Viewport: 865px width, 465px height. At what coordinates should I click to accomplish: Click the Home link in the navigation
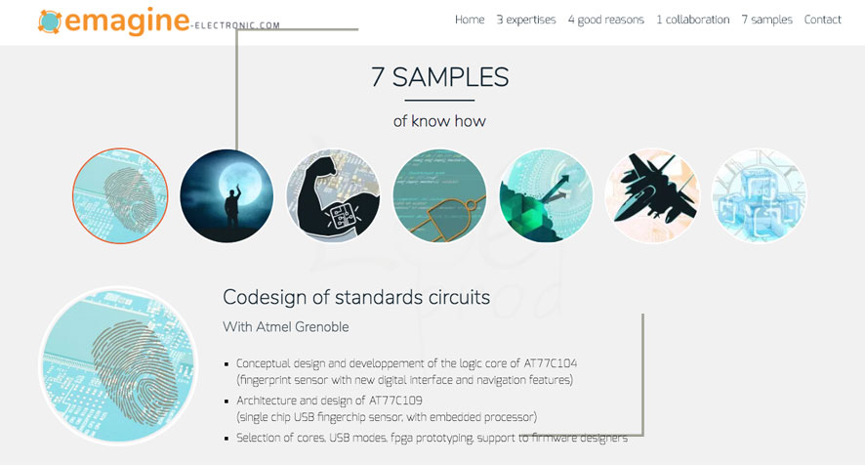coord(470,20)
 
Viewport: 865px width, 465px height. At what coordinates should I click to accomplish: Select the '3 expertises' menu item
coord(526,20)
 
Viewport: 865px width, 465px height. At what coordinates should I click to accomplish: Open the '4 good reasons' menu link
coord(605,20)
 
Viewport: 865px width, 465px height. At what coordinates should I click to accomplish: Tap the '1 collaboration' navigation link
coord(692,20)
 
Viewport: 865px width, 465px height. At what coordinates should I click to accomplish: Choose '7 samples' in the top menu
coord(766,20)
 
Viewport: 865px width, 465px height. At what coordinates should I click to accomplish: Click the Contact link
coord(822,20)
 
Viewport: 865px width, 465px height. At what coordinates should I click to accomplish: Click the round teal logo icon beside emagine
coord(50,21)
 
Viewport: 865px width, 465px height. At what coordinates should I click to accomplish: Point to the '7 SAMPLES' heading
coord(439,77)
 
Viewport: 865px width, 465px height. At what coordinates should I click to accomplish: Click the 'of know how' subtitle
coord(439,121)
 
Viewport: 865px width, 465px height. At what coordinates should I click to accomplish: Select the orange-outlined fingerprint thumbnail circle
coord(120,195)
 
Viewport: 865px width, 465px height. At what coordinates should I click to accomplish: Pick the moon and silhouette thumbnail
coord(227,195)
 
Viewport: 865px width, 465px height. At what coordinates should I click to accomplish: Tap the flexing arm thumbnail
coord(333,195)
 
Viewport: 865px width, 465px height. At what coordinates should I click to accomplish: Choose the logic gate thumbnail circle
coord(439,195)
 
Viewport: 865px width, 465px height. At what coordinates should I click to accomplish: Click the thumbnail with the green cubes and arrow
coord(546,195)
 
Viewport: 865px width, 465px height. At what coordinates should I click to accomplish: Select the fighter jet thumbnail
coord(652,195)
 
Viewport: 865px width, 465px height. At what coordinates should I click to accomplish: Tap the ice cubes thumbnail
coord(760,195)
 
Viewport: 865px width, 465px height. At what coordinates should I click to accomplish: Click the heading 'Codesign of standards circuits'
coord(356,298)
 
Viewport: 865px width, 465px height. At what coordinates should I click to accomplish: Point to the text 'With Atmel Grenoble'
coord(286,327)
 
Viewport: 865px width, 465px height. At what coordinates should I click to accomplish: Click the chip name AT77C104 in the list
coord(550,363)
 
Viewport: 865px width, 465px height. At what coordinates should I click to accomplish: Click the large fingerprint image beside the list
coord(118,365)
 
